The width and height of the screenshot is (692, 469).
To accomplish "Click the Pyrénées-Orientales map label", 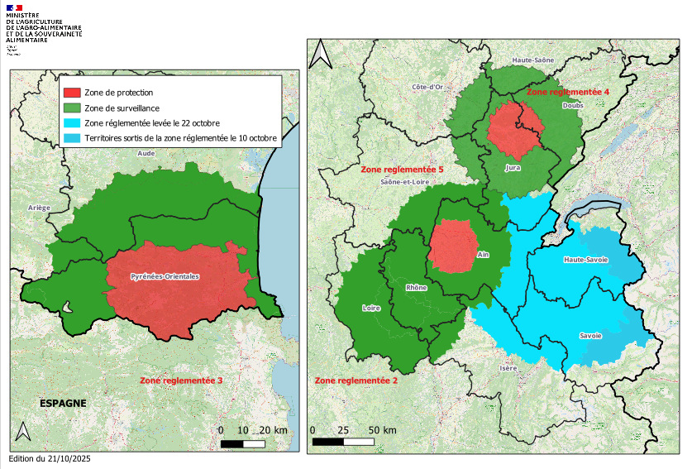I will [x=165, y=276].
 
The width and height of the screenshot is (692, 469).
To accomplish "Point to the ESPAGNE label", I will [x=64, y=403].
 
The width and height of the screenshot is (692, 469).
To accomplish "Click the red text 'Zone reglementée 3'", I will [x=182, y=380].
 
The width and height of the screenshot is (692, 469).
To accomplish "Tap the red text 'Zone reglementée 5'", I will [x=403, y=169].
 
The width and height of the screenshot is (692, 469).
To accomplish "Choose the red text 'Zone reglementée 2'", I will [x=356, y=380].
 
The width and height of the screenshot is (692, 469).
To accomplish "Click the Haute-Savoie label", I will [x=585, y=260].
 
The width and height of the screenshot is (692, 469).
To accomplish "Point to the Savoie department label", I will [x=589, y=336].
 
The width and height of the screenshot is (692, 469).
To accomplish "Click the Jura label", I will [x=513, y=167].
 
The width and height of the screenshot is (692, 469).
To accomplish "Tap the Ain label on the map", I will [x=483, y=256].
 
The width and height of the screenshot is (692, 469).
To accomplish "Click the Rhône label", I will [x=417, y=287].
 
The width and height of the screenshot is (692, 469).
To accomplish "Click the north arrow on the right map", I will [x=323, y=54].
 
